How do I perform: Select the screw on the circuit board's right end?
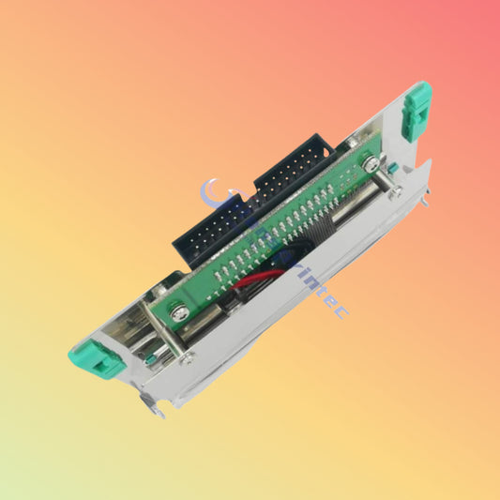coord(371,163)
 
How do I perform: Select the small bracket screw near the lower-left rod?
coord(188,357)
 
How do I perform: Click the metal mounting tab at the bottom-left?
coord(151,405)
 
